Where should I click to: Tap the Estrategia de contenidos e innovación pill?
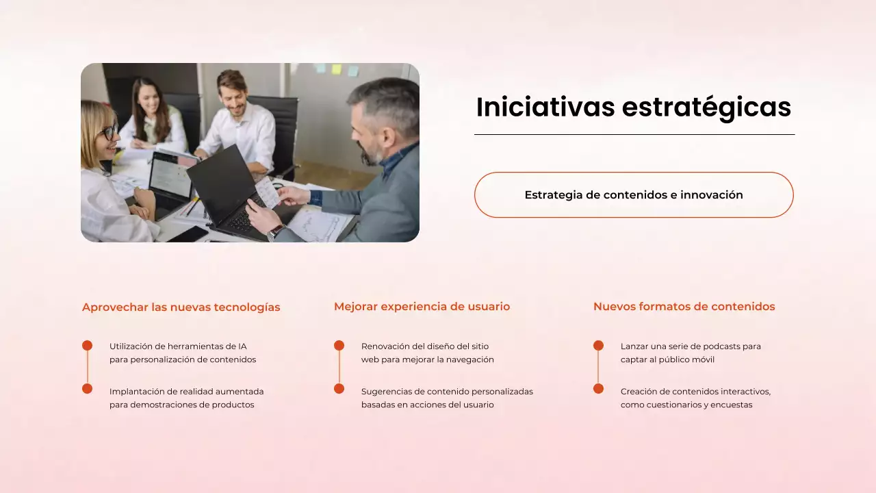(634, 195)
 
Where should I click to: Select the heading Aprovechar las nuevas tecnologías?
(181, 307)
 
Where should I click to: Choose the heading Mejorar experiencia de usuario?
(422, 307)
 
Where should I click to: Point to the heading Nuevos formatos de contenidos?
(684, 307)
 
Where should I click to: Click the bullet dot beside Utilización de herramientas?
(87, 346)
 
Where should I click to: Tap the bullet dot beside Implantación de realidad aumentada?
(87, 389)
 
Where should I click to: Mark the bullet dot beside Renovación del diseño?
(339, 346)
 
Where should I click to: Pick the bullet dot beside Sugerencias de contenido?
(339, 389)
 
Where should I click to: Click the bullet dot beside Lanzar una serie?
(598, 346)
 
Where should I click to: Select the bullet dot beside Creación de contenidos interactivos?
(598, 389)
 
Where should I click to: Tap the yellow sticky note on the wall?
(336, 69)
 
